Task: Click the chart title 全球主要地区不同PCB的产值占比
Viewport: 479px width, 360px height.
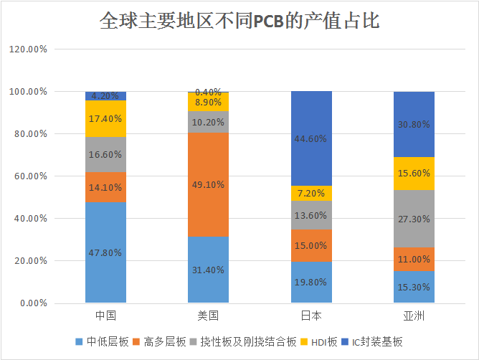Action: tap(239, 22)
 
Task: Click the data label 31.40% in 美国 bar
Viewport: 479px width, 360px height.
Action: tap(208, 270)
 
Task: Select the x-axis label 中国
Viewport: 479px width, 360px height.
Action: tap(105, 316)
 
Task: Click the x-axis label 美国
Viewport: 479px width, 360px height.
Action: tap(208, 316)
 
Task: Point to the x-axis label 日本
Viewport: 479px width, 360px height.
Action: tap(311, 316)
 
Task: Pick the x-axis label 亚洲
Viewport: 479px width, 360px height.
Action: tap(414, 316)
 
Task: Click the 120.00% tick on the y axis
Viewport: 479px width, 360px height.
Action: tap(28, 49)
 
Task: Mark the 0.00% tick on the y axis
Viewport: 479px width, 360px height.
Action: tap(32, 303)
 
